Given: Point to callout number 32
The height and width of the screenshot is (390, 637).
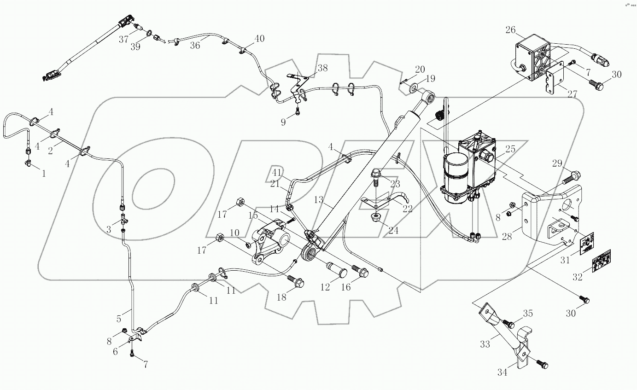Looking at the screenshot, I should tap(577, 277).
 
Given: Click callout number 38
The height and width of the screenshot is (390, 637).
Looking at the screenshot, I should tap(322, 68).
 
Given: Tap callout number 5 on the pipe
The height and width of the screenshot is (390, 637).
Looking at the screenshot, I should tap(119, 318).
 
